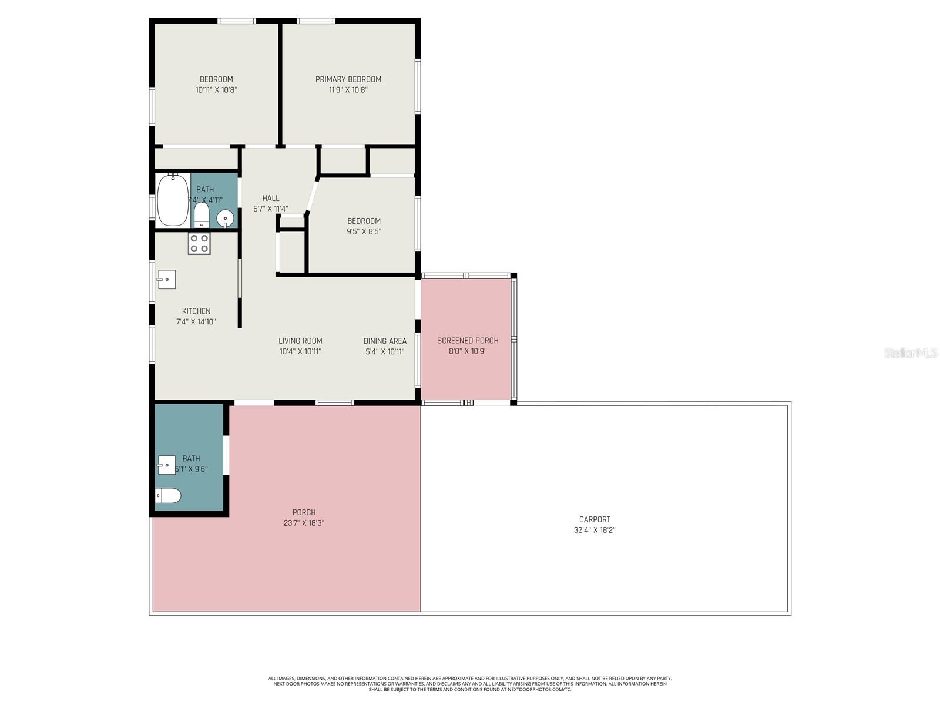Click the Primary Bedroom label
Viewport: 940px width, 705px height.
348,79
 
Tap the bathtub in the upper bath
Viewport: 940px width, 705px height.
173,200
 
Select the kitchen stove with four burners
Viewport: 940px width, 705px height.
199,244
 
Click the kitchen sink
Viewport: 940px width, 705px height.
167,279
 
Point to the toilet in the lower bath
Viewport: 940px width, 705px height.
168,496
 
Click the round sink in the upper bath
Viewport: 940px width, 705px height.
225,219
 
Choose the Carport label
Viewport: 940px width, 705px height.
595,519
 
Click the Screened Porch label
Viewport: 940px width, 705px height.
468,340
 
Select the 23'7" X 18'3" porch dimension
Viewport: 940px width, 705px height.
304,523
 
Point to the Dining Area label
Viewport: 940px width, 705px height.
385,341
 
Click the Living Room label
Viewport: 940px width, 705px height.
300,341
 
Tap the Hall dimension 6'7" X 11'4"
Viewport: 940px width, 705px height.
271,209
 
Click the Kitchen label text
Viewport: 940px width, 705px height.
196,311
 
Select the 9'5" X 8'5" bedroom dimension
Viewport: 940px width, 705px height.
364,231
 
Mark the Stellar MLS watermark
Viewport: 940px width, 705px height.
911,352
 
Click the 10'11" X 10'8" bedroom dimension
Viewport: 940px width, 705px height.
216,90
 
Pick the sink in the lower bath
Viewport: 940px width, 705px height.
167,465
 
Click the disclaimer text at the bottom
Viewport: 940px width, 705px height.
470,684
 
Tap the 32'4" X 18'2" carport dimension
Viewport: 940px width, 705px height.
595,530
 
